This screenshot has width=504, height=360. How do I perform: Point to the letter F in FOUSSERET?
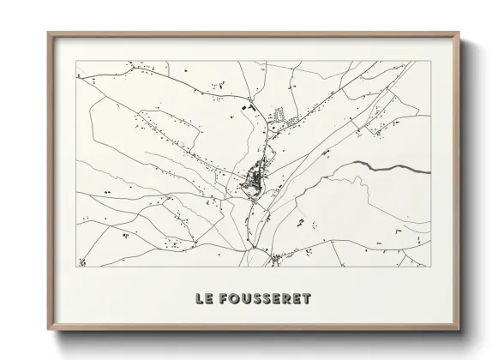[225, 298]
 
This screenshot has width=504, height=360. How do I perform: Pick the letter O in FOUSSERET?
[237, 298]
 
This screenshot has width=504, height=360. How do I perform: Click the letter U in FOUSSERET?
[249, 298]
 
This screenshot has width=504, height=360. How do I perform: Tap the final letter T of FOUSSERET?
[306, 298]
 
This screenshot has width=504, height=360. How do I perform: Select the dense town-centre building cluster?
[255, 181]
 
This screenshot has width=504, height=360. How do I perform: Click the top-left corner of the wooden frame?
[48, 33]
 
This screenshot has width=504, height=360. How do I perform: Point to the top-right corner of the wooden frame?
[459, 33]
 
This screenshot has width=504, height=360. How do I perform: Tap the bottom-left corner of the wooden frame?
[48, 331]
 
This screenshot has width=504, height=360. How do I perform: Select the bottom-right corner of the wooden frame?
[459, 331]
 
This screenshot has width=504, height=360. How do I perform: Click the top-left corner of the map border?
[76, 62]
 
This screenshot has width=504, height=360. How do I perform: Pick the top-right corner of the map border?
[431, 62]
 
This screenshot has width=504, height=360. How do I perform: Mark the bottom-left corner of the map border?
[76, 267]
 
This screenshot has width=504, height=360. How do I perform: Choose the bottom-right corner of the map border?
[431, 267]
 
